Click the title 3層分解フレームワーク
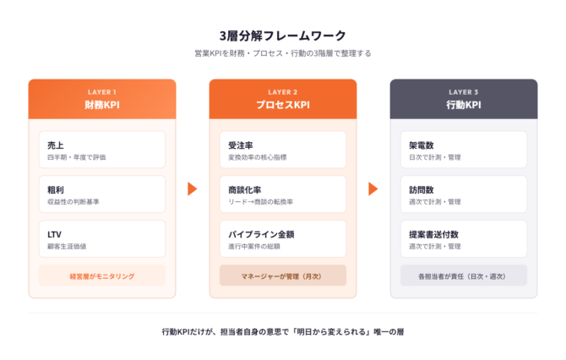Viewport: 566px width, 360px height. point(283,35)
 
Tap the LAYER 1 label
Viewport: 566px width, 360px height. point(102,92)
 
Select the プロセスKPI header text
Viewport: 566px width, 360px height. point(283,105)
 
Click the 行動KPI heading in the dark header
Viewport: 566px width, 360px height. point(464,105)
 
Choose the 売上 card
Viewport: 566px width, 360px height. point(102,150)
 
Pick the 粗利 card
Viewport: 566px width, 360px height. point(102,194)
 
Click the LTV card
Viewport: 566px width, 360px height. point(102,238)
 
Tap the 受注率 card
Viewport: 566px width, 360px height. point(283,150)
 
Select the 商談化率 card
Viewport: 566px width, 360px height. point(283,194)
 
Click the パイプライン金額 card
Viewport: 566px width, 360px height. point(283,238)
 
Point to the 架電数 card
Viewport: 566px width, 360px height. point(464,150)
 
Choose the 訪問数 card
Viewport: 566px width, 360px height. point(464,194)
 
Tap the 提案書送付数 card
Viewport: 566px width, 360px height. point(464,238)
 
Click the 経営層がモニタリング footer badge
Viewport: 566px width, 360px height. point(102,275)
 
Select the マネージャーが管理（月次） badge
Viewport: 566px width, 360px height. point(283,275)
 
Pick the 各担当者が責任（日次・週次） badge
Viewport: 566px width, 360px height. point(464,275)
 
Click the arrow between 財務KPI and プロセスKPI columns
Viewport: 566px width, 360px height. point(193,188)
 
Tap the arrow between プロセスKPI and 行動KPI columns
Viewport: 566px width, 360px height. point(373,188)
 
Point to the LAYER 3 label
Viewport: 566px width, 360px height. point(464,92)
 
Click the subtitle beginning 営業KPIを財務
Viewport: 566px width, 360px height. point(283,53)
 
